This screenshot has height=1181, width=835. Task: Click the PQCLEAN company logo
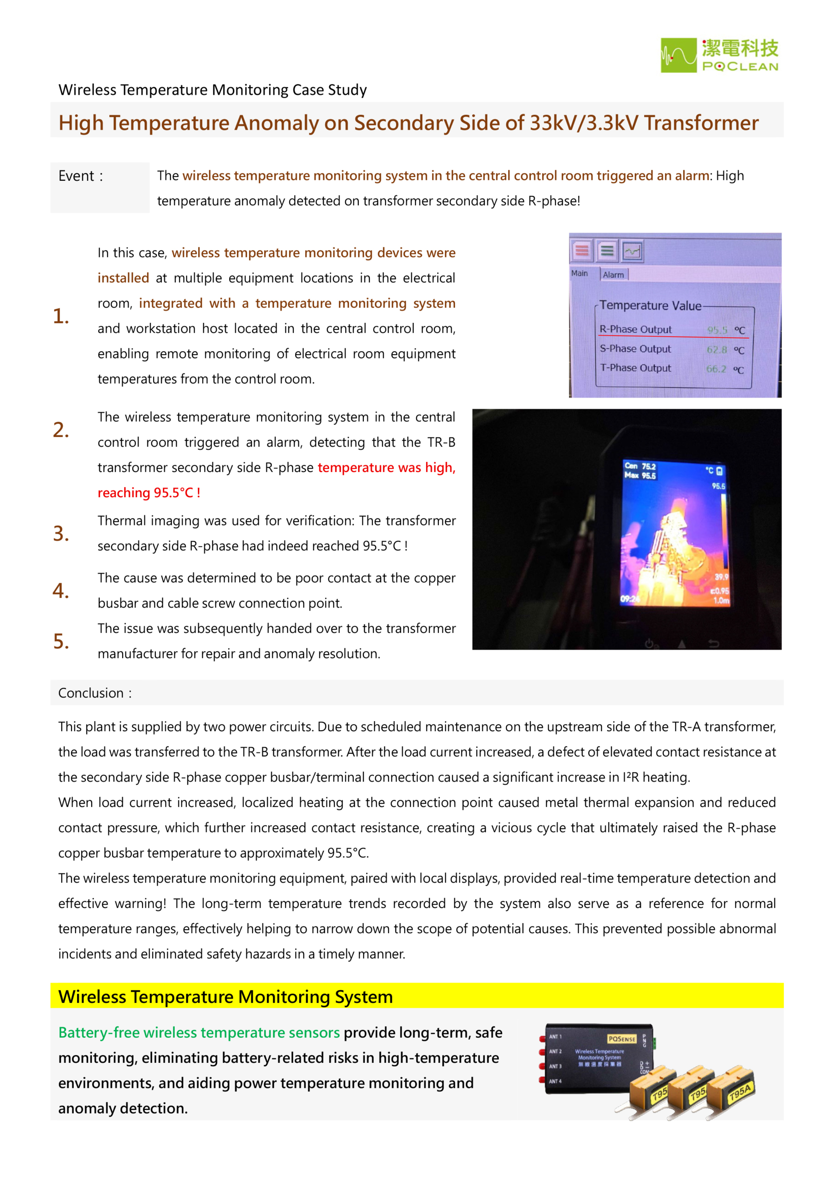[719, 55]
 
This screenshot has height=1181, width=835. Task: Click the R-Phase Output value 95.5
[717, 330]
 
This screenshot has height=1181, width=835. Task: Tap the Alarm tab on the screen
[613, 274]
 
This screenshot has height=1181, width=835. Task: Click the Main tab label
[580, 273]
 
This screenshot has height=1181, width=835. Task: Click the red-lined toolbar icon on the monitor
[582, 251]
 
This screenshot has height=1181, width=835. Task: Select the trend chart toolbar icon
[632, 251]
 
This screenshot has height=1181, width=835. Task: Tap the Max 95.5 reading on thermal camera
[640, 475]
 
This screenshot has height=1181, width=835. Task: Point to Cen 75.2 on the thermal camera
[640, 466]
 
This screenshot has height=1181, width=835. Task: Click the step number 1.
[61, 316]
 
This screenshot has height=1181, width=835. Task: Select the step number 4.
[61, 590]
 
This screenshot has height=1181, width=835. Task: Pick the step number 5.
[61, 641]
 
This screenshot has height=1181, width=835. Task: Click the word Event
[77, 176]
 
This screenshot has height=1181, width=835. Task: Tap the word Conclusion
[91, 693]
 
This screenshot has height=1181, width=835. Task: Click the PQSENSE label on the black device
[622, 1039]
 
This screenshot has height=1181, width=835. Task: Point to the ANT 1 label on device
[555, 1037]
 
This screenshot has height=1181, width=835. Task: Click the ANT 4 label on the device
[555, 1082]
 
